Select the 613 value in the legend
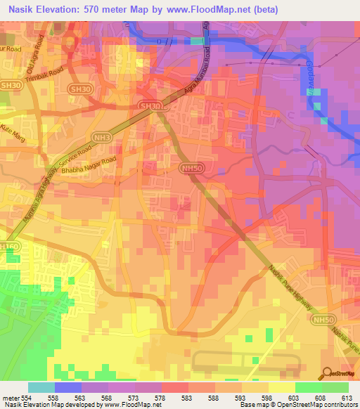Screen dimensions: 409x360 [349, 398]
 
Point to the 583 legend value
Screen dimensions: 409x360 [188, 398]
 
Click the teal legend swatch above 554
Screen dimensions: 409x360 [41, 387]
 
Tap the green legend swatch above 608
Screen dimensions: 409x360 [309, 387]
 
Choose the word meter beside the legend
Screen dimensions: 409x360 [10, 398]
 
